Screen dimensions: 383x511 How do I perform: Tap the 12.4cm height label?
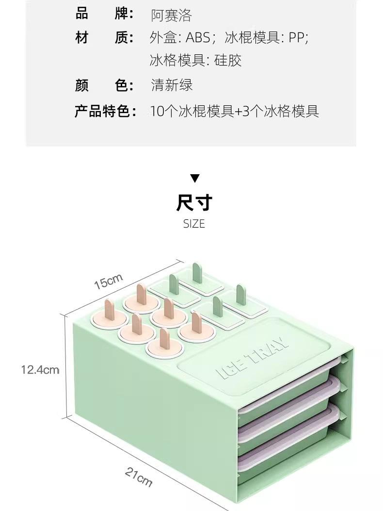pyautogui.click(x=40, y=370)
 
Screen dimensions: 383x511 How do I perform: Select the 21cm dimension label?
pyautogui.click(x=139, y=474)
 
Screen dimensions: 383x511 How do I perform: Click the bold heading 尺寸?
pyautogui.click(x=194, y=203)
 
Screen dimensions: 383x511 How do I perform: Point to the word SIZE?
pyautogui.click(x=194, y=224)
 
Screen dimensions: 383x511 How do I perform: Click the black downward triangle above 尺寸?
pyautogui.click(x=194, y=178)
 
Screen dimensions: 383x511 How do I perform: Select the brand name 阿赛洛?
pyautogui.click(x=171, y=15)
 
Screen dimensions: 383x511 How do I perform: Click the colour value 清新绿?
pyautogui.click(x=172, y=85)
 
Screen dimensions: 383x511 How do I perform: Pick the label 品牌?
pyautogui.click(x=104, y=14)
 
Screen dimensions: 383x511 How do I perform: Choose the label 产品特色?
pyautogui.click(x=105, y=111)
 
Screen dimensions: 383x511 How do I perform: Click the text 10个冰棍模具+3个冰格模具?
pyautogui.click(x=235, y=111)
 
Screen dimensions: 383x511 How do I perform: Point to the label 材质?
pyautogui.click(x=104, y=38)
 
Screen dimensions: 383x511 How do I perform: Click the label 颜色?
pyautogui.click(x=104, y=85)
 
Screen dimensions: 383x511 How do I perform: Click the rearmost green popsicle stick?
pyautogui.click(x=197, y=273)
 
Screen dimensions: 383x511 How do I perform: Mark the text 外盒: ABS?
pyautogui.click(x=180, y=38)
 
